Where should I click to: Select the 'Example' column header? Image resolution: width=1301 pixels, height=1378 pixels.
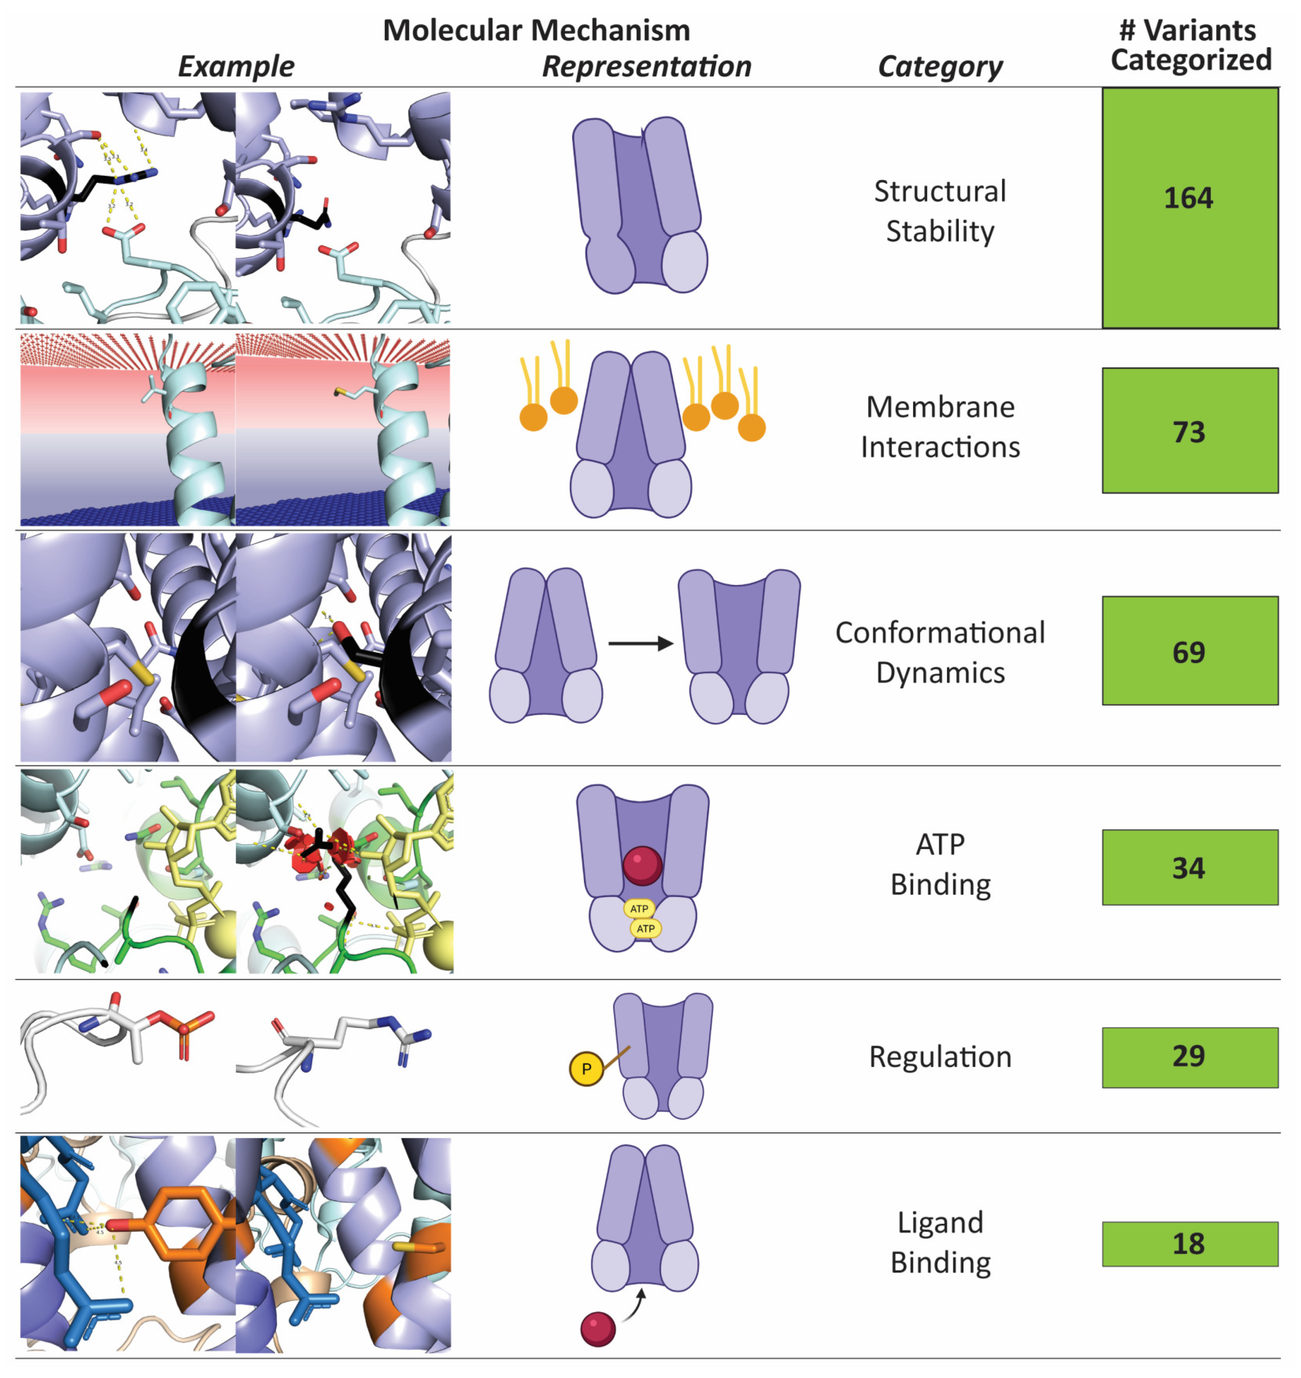coord(236,66)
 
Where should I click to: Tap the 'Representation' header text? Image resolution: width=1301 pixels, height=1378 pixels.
coord(646,66)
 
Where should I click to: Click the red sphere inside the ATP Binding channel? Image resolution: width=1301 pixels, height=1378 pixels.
coord(642,866)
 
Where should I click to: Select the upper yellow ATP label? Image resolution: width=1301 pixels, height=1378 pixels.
coord(639,909)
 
